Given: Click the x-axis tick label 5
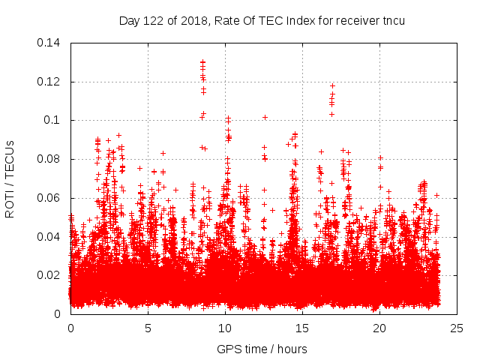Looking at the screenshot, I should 148,328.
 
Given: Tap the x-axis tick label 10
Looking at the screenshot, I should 225,328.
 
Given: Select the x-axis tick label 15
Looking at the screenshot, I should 302,328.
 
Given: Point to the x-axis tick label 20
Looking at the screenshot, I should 379,328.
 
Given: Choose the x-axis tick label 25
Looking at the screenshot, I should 457,328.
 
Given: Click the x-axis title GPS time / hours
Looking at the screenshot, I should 262,349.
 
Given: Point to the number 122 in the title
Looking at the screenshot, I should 154,20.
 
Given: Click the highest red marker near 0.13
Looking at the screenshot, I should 202,62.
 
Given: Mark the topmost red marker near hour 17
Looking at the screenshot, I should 332,85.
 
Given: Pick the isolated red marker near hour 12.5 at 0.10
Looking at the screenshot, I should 265,117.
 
